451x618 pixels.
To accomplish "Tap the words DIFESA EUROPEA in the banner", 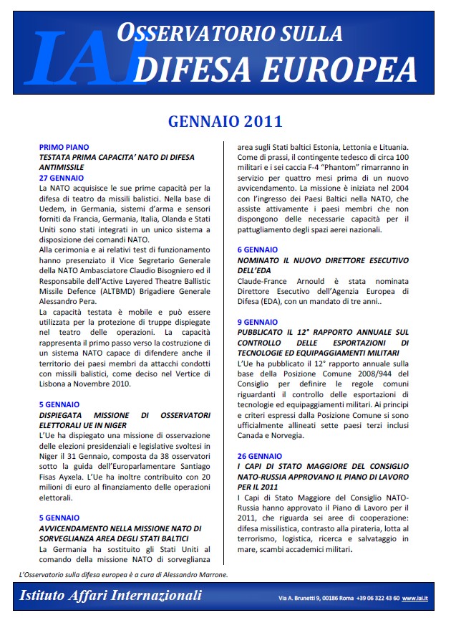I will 276,69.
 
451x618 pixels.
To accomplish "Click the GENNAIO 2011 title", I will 225,121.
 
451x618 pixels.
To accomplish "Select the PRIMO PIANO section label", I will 64,147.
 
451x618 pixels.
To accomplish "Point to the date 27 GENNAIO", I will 62,177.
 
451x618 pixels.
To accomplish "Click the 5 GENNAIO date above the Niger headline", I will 59,404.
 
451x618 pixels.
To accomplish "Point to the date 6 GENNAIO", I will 258,249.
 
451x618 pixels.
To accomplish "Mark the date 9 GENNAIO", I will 258,323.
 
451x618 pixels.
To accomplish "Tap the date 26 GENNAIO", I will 260,456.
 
